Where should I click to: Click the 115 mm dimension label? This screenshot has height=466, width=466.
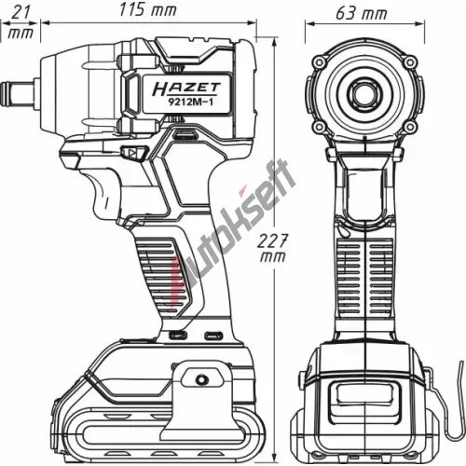[x=148, y=10]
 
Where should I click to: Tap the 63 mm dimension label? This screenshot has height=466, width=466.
[x=362, y=14]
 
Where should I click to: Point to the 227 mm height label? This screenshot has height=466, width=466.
[x=272, y=248]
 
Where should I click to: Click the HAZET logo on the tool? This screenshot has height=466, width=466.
[x=186, y=89]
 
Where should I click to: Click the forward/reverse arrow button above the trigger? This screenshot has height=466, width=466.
[x=134, y=153]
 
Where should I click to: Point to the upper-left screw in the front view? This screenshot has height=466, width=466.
[x=319, y=62]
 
